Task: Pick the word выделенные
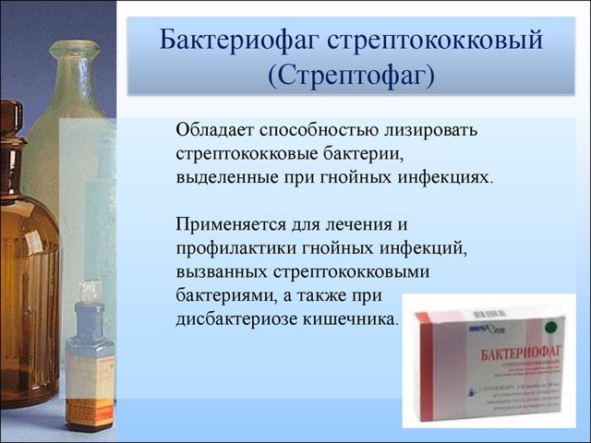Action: point(223,175)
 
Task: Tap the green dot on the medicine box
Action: point(554,325)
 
